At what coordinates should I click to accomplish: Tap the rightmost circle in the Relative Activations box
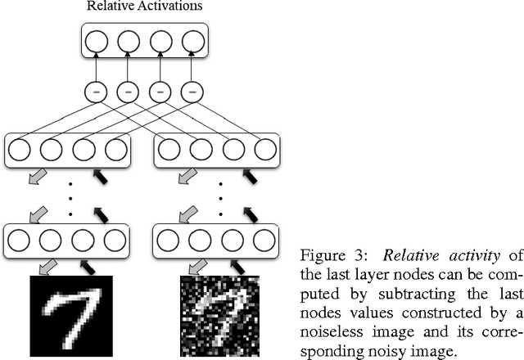pos(192,42)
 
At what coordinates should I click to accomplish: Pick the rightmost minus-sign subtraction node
pos(192,92)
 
